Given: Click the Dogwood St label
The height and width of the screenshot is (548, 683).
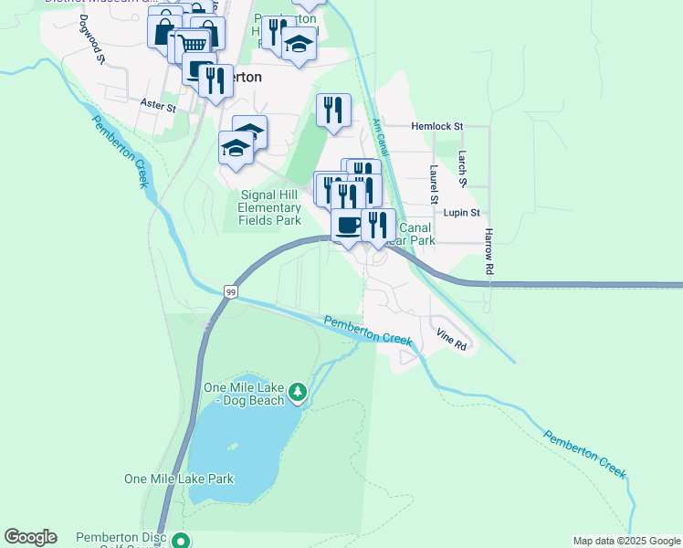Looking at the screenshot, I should click(x=92, y=38).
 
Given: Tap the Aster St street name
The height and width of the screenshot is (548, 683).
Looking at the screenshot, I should click(x=158, y=106).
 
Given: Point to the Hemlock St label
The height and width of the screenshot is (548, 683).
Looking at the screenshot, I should click(x=437, y=126).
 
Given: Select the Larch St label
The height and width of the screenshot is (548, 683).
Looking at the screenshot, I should click(x=463, y=170).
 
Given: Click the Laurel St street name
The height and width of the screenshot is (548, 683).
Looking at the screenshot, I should click(x=435, y=185).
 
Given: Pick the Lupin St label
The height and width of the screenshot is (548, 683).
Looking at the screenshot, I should click(x=461, y=213).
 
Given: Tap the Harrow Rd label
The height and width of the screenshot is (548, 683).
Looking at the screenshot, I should click(x=489, y=252).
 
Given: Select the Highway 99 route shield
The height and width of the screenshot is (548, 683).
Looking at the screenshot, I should click(x=231, y=291).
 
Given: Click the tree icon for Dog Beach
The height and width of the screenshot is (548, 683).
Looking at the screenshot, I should click(x=298, y=393).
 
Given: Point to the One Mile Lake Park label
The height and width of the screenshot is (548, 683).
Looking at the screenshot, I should click(x=179, y=479).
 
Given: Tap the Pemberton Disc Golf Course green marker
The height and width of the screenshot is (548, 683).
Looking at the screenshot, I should click(x=182, y=541).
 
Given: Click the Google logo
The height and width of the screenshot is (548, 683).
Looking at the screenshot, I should click(x=30, y=537).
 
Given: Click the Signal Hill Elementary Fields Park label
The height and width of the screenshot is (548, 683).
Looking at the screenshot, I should click(x=269, y=207).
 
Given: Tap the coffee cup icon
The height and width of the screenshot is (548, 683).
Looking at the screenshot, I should click(x=347, y=224).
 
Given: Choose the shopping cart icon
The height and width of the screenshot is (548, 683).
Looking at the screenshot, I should click(x=192, y=43).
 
